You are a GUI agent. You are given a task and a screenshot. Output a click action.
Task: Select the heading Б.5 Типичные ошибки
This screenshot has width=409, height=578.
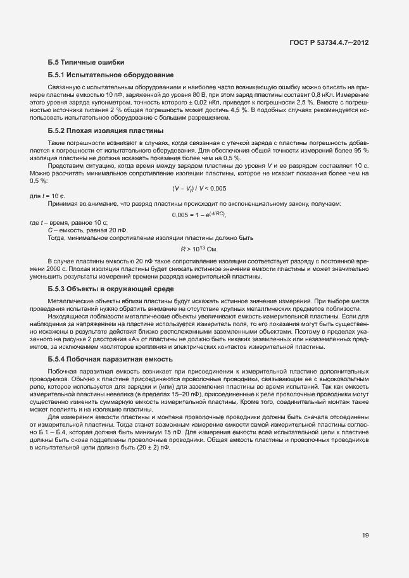[85, 62]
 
